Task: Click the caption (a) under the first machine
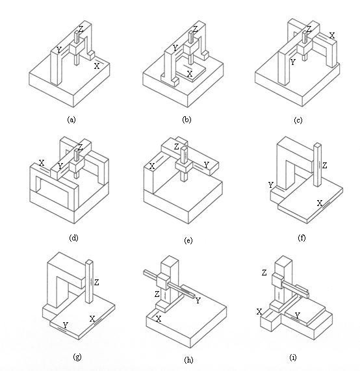click(x=71, y=120)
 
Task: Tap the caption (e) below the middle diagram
click(x=188, y=240)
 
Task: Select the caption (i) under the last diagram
click(x=293, y=357)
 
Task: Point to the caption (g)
click(x=77, y=357)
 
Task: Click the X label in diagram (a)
click(x=97, y=66)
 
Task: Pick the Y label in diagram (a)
click(x=58, y=50)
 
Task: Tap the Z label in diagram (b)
click(x=195, y=29)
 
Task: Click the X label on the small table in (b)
click(x=190, y=74)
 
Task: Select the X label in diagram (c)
click(x=332, y=36)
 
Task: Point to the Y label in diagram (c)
click(x=293, y=62)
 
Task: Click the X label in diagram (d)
click(x=42, y=163)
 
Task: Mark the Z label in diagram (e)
click(x=176, y=147)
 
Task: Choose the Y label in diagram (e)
click(x=207, y=164)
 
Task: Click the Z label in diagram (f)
click(x=324, y=165)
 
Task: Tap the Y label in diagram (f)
click(x=271, y=185)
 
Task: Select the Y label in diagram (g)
click(x=65, y=326)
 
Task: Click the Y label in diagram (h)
click(x=198, y=300)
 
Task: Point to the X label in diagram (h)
click(x=159, y=319)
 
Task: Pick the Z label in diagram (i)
click(x=264, y=273)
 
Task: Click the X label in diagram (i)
click(x=259, y=312)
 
